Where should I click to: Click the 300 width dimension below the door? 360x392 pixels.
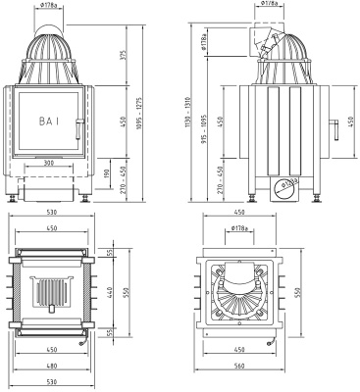tap(50, 163)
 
